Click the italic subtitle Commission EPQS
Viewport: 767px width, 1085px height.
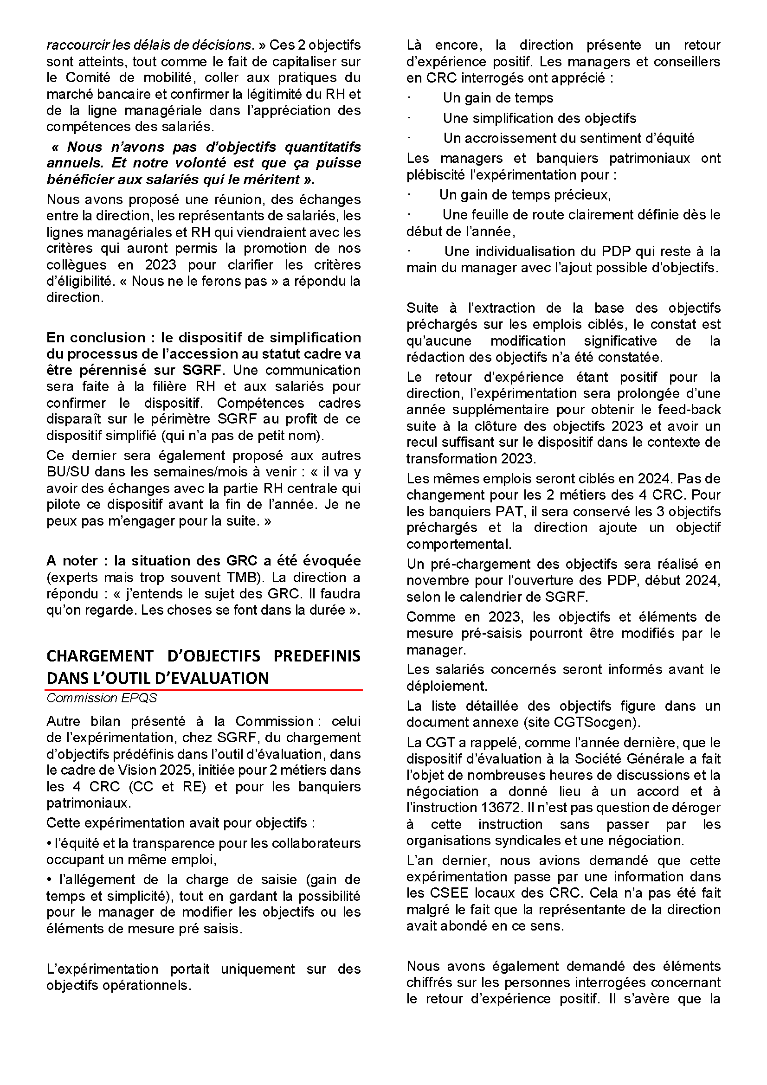tap(101, 698)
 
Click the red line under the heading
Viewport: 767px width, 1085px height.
tap(204, 690)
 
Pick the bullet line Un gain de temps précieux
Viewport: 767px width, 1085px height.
tap(525, 195)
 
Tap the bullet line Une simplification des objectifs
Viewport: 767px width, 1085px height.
tap(539, 118)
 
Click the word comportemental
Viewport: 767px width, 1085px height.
tap(458, 544)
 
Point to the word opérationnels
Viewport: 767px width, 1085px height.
tap(151, 985)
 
